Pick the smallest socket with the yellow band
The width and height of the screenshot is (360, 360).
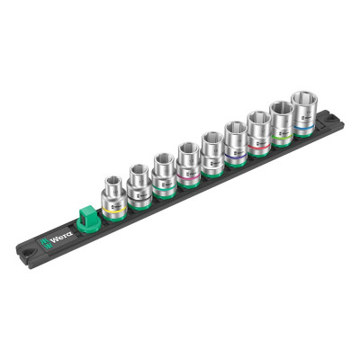coord(113,194)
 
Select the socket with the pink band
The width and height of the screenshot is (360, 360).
coord(187,161)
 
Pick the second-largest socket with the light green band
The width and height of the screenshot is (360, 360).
coord(281,122)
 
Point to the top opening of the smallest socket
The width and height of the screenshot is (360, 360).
coord(113,180)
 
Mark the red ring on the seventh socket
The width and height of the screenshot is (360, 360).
coord(259,147)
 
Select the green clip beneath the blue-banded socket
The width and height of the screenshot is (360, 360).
coord(303,138)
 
